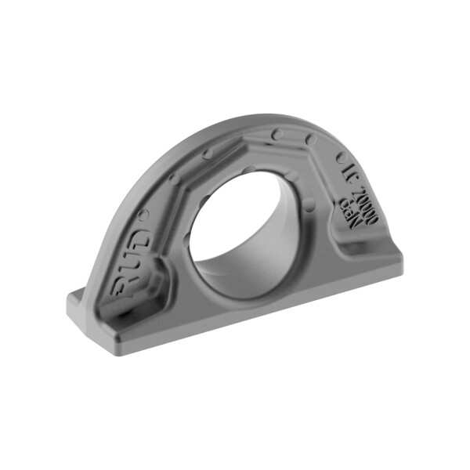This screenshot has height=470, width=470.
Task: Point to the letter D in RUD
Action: [x=138, y=237]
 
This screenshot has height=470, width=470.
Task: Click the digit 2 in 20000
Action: [x=353, y=187]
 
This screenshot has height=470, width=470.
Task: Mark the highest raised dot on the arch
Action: [x=277, y=135]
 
